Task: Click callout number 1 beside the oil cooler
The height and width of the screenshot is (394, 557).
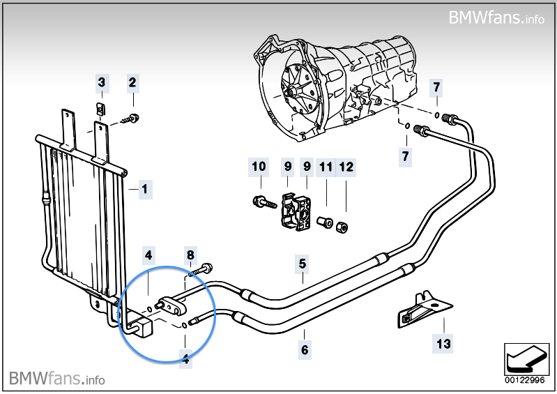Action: tap(144, 189)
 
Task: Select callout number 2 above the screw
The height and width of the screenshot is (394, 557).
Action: tap(132, 84)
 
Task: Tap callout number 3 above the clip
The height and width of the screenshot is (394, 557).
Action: tap(102, 84)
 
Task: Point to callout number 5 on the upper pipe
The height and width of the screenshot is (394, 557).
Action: tap(303, 264)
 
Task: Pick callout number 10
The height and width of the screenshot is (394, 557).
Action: tap(259, 167)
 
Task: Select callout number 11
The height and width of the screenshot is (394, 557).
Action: tap(326, 167)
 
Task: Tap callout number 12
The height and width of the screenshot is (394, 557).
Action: tap(346, 167)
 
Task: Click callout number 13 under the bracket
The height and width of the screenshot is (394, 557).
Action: tap(444, 343)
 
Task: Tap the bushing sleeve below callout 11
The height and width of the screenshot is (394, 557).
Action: tap(324, 222)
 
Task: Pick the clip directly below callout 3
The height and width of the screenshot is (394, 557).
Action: tap(101, 109)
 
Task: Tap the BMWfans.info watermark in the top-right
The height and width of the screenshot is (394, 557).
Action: tap(496, 17)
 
